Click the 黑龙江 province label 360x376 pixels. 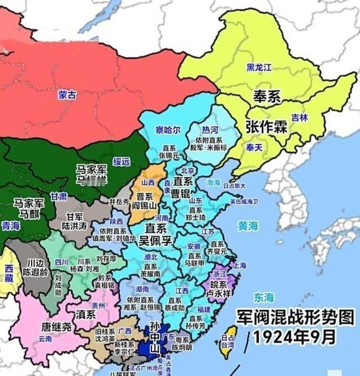(259, 67)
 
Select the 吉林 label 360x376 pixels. (299, 117)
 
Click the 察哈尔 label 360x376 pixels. (168, 130)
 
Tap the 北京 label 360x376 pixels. (188, 170)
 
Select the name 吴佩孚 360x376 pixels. (158, 242)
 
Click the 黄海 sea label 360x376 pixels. (247, 226)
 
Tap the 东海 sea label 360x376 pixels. (263, 297)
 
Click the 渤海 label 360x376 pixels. (214, 183)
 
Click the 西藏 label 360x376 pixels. (9, 274)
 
